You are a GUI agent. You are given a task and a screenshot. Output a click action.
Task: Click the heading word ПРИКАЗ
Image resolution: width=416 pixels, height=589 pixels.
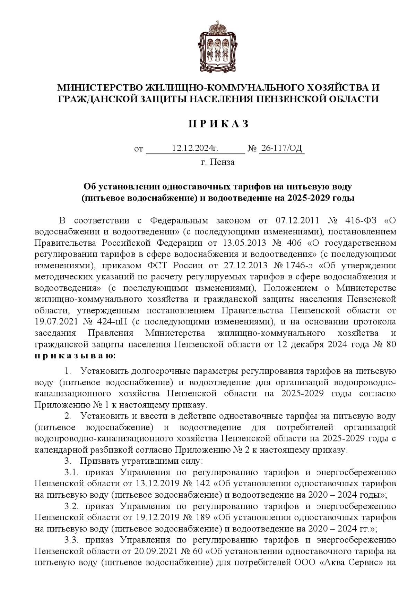218,124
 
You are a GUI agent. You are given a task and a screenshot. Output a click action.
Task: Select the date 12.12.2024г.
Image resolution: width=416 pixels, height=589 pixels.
195,149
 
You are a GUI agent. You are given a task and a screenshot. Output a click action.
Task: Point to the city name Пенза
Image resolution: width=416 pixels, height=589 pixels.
222,162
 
